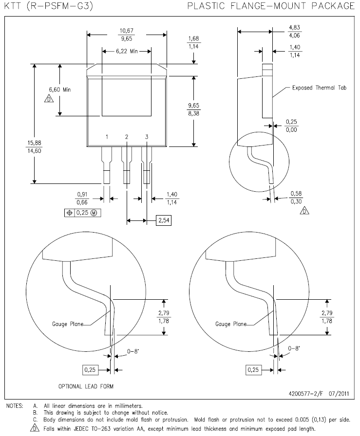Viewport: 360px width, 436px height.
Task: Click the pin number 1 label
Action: point(107,137)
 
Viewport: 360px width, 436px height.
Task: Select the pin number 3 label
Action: point(147,137)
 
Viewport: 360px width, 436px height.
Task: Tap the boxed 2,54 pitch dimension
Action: point(164,220)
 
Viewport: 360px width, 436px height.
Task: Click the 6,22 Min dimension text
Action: point(127,51)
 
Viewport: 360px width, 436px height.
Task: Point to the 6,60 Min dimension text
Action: point(60,90)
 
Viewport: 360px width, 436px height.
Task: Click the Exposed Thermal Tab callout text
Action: point(319,88)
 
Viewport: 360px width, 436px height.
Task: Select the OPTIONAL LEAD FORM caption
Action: point(86,386)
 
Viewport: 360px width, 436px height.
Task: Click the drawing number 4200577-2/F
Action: point(306,394)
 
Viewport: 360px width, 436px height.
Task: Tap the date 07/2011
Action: point(339,394)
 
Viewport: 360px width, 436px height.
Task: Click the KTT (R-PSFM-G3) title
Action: point(48,6)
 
